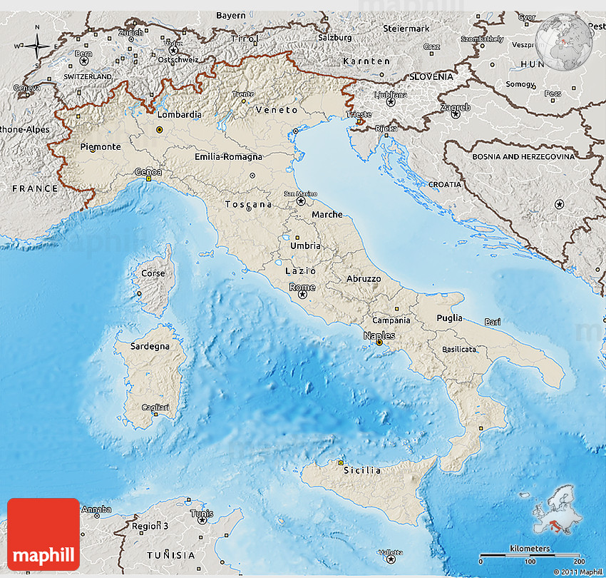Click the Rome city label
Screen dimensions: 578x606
(x=302, y=287)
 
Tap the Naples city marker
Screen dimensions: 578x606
(x=379, y=343)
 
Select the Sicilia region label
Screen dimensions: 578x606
(x=362, y=470)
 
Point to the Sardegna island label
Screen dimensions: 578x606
(x=150, y=346)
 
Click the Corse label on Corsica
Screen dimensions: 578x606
(x=153, y=273)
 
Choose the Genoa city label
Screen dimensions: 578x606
(x=148, y=172)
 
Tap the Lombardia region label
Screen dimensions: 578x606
(x=179, y=114)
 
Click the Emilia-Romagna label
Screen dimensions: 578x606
(x=228, y=156)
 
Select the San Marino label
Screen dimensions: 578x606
(x=301, y=193)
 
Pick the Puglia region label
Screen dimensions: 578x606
(x=449, y=318)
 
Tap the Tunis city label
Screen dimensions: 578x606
(x=201, y=513)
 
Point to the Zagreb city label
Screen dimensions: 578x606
(x=455, y=108)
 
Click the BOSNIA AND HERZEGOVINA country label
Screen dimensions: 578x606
(x=523, y=156)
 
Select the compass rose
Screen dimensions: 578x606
(x=37, y=47)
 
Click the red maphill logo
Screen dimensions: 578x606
(x=43, y=534)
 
